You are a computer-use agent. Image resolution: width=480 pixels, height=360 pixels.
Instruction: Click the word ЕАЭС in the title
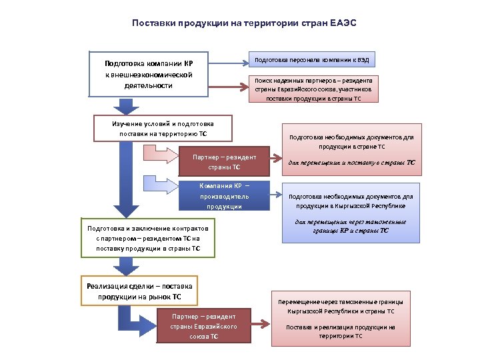point(343,23)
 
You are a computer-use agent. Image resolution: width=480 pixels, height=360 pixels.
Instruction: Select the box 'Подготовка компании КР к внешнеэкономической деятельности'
point(147,75)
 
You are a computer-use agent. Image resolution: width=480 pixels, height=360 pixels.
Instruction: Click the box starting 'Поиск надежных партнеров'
point(313,89)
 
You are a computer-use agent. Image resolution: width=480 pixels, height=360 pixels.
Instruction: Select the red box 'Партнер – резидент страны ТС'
point(224,162)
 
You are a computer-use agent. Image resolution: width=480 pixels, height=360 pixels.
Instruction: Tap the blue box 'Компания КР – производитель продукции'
point(224,196)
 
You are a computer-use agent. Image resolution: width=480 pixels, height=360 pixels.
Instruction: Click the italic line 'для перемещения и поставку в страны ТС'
point(351,162)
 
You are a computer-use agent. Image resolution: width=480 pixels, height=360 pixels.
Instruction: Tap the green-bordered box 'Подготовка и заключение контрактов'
point(147,238)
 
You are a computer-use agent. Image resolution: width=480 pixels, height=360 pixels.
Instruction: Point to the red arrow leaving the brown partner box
point(261,326)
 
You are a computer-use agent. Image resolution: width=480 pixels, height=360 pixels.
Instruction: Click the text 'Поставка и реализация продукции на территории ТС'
point(341,331)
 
